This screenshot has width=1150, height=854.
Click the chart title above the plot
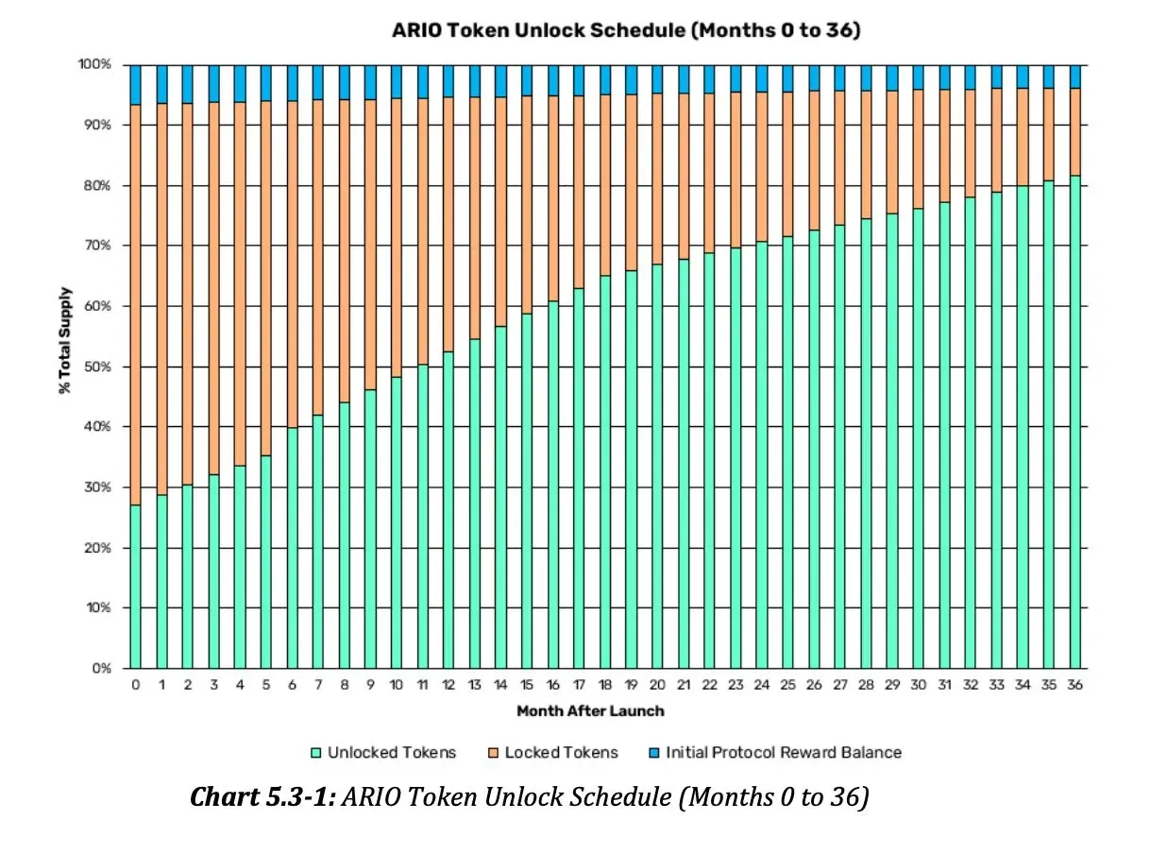(626, 30)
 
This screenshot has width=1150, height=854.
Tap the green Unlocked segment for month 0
(135, 586)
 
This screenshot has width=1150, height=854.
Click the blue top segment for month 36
(1074, 77)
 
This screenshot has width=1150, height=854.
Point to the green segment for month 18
(605, 472)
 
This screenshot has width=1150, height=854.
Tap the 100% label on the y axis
(94, 64)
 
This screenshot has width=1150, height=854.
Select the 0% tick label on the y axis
(100, 669)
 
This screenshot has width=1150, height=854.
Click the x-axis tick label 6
(292, 685)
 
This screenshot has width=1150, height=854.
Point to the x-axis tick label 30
(918, 685)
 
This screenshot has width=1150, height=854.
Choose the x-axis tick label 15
(527, 685)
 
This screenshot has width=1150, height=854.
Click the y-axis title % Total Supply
(65, 340)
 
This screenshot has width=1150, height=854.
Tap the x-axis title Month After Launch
(590, 710)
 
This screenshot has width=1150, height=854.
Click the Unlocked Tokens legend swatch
(316, 753)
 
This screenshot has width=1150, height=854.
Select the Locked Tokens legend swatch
(493, 753)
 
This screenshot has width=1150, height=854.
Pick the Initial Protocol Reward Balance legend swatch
(654, 753)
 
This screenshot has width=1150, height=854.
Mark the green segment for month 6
(292, 548)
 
